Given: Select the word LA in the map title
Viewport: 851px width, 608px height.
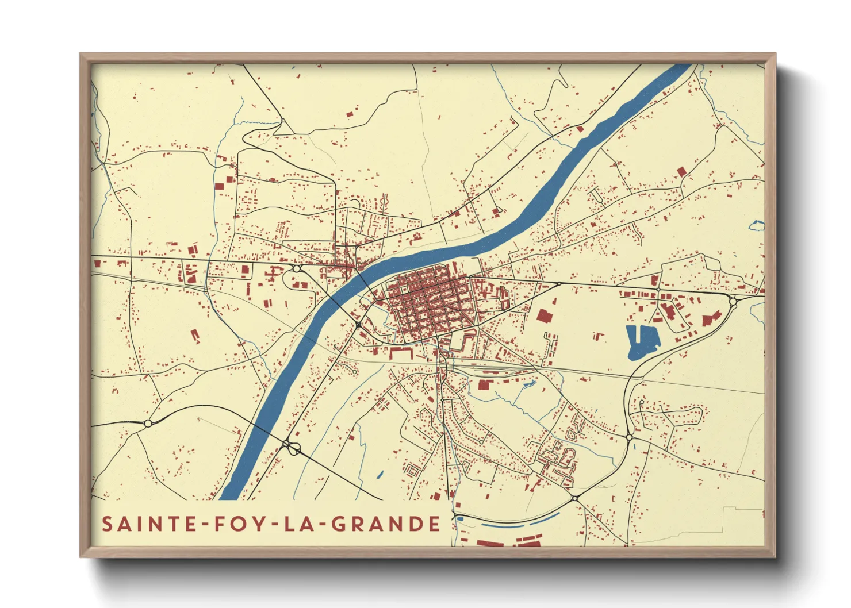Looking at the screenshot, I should pos(301,524).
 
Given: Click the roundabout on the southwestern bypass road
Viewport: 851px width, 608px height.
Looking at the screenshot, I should pos(148,424).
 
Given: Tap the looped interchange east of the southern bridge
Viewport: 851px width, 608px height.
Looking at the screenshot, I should pos(292,447).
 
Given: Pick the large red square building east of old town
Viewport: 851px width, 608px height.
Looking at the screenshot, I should pos(543,315).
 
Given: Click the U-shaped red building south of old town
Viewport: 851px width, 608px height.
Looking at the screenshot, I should pos(401,352).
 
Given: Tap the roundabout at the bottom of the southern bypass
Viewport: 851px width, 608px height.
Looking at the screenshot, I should pos(574,498).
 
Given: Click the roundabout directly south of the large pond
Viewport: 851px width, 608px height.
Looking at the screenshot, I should pos(629,438).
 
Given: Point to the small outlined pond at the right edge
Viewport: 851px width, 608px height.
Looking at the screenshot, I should pos(757,226).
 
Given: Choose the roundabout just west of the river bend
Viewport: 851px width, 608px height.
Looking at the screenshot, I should pos(296,268).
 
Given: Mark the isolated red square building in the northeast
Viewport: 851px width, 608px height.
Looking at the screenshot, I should pos(682,171).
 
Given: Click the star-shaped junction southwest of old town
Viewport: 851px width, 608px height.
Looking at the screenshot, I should pos(358,325).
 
